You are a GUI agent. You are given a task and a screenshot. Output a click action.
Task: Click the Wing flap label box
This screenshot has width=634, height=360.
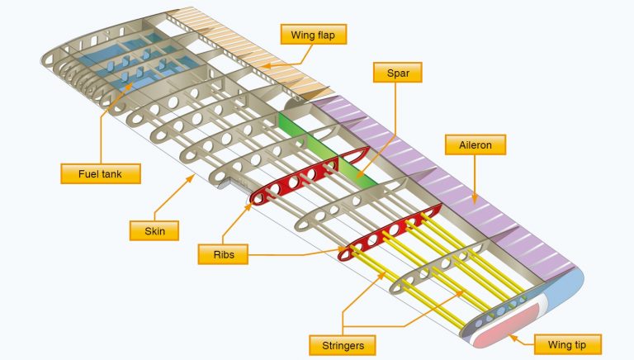point(314,35)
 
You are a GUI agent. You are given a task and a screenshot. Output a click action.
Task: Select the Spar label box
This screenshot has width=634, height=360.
point(398,73)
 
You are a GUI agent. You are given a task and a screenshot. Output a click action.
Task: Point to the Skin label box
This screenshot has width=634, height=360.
point(154,230)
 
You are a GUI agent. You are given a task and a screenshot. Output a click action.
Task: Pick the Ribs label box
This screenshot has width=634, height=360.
point(222,254)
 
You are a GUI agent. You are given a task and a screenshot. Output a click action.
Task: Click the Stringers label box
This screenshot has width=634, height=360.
point(339,343)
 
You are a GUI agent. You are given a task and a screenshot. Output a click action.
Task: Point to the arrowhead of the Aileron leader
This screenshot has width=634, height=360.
point(477,201)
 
